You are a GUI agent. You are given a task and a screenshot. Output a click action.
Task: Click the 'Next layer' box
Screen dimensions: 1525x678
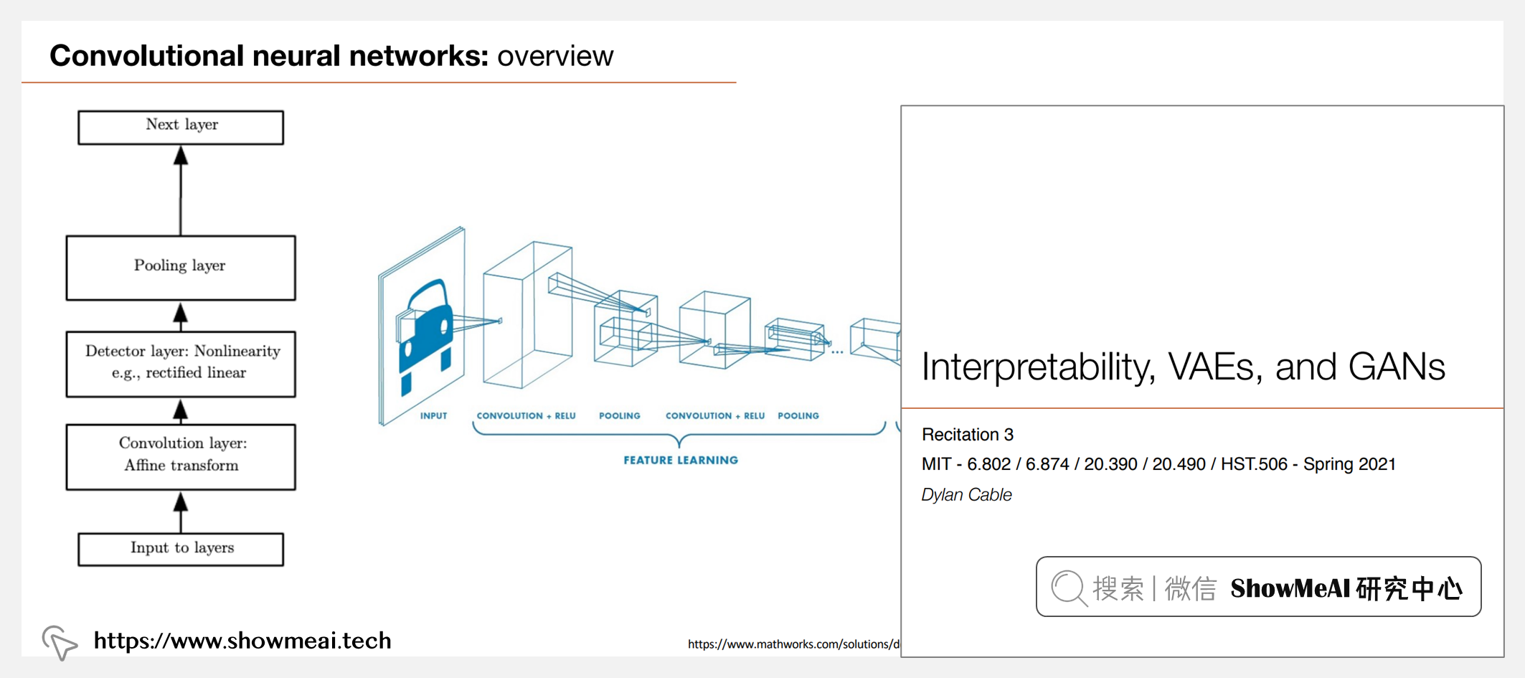click(x=181, y=127)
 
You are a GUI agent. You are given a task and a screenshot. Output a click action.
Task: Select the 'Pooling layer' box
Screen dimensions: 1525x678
click(x=181, y=267)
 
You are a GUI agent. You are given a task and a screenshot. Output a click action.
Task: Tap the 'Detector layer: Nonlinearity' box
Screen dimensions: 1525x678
click(x=181, y=363)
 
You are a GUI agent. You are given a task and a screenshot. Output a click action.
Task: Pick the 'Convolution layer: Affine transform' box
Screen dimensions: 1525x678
click(x=181, y=456)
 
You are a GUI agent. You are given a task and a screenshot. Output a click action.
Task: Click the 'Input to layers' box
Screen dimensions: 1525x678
click(x=181, y=549)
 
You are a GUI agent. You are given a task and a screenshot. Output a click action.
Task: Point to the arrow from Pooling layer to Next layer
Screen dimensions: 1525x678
click(x=181, y=190)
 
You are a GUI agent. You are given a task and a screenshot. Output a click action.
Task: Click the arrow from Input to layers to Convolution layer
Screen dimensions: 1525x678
click(x=181, y=511)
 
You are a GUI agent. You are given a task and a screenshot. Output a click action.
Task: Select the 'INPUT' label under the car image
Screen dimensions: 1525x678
click(x=433, y=416)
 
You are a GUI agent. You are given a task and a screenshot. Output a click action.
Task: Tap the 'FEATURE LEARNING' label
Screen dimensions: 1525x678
click(x=680, y=461)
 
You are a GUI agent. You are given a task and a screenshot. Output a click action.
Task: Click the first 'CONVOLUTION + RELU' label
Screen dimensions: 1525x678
click(x=526, y=416)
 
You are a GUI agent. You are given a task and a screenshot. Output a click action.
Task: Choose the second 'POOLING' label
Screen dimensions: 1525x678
click(x=798, y=416)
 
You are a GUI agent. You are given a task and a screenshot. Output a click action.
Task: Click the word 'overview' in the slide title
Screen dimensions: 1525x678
click(x=555, y=56)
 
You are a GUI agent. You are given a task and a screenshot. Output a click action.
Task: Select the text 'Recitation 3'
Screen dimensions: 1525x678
click(x=967, y=435)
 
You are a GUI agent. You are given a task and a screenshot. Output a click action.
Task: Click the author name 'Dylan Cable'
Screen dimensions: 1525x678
click(x=966, y=495)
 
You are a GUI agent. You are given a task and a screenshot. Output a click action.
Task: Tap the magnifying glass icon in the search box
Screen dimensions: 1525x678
click(x=1069, y=588)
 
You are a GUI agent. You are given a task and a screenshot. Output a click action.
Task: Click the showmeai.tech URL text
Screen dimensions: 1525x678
click(x=242, y=641)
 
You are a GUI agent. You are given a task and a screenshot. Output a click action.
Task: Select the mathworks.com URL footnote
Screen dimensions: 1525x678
click(x=793, y=644)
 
